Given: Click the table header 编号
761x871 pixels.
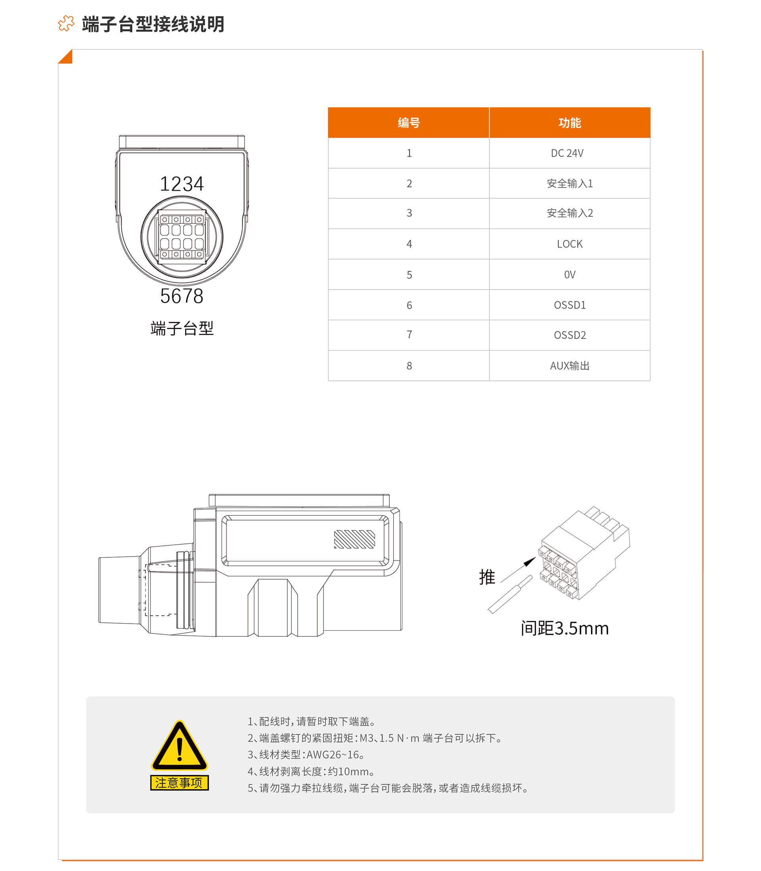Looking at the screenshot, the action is [409, 123].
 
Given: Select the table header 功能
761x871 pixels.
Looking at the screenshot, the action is [570, 123].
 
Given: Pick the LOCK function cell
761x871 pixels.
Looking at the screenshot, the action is [570, 244].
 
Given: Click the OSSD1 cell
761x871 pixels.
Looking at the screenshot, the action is [570, 305].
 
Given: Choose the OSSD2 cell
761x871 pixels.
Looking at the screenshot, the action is [570, 335].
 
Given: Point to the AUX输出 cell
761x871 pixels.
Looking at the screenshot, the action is [570, 366].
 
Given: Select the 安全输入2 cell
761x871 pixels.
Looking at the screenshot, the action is [570, 213].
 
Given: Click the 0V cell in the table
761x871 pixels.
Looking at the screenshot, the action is [570, 275].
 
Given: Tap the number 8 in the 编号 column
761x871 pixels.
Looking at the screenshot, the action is [409, 366].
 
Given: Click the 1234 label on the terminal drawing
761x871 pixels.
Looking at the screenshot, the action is [182, 184].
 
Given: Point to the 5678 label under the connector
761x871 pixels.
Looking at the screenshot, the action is [182, 296].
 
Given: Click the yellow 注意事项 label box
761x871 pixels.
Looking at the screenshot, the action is [180, 783].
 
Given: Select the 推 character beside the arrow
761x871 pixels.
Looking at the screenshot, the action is [487, 577].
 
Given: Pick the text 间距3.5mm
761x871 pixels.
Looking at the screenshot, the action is [565, 628].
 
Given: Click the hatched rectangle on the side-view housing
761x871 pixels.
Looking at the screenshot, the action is [355, 539].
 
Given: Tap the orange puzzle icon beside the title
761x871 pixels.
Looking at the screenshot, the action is [66, 23].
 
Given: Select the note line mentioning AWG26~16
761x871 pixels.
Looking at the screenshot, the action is [306, 754].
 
